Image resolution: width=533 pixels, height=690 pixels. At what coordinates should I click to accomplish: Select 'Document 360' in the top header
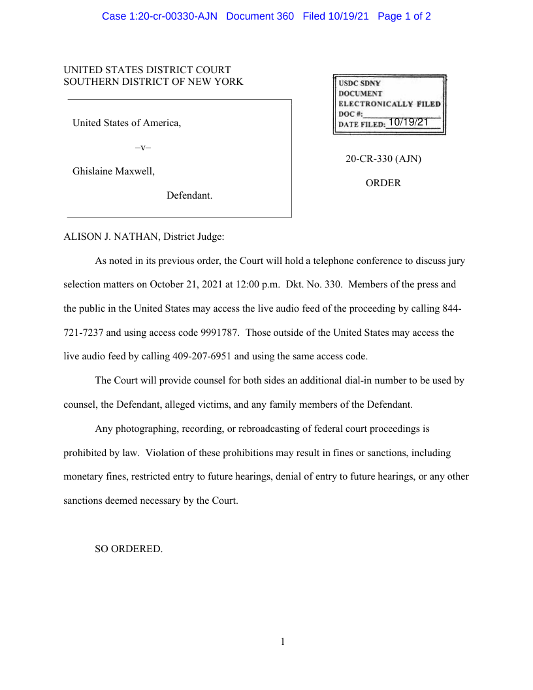(x=260, y=16)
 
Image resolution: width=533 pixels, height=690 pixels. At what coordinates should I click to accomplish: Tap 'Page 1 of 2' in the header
(x=404, y=16)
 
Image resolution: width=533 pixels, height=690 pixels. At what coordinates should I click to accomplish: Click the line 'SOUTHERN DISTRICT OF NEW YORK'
(x=153, y=82)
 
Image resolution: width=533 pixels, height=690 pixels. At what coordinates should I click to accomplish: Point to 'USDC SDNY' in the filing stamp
(x=359, y=84)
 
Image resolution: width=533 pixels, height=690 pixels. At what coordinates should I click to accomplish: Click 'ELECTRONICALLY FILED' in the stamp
(x=389, y=104)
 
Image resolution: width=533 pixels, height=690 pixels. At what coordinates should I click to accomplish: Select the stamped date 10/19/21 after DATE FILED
(x=408, y=122)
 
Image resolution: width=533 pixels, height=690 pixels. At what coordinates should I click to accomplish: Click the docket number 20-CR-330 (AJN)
(x=383, y=159)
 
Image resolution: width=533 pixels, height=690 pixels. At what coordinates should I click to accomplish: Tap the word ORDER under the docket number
(x=383, y=184)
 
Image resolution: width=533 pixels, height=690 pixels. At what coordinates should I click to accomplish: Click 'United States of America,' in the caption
(x=127, y=123)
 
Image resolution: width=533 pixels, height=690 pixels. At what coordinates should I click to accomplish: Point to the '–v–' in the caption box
(x=142, y=148)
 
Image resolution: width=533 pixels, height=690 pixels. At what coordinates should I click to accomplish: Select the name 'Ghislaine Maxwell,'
(x=114, y=172)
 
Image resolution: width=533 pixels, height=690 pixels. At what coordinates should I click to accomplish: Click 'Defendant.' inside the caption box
(x=189, y=196)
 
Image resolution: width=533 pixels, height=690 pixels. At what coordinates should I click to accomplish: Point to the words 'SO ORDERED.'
(x=129, y=549)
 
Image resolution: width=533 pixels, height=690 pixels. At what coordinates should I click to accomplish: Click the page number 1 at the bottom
(x=283, y=642)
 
